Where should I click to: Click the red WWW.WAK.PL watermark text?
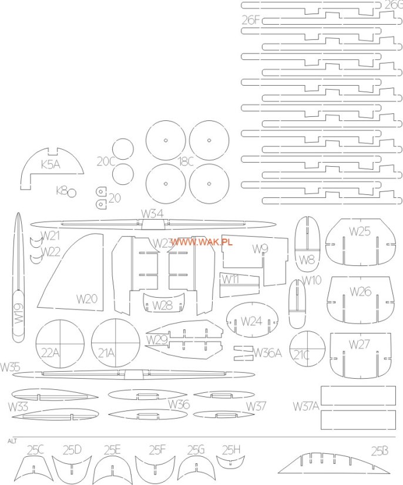pyautogui.click(x=201, y=241)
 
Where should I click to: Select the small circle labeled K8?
pyautogui.click(x=72, y=193)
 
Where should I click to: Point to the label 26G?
pyautogui.click(x=393, y=5)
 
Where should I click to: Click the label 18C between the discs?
pyautogui.click(x=187, y=161)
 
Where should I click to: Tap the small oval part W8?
pyautogui.click(x=307, y=242)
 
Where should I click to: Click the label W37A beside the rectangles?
pyautogui.click(x=305, y=406)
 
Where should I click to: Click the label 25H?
pyautogui.click(x=231, y=449)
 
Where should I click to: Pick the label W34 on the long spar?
pyautogui.click(x=152, y=213)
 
